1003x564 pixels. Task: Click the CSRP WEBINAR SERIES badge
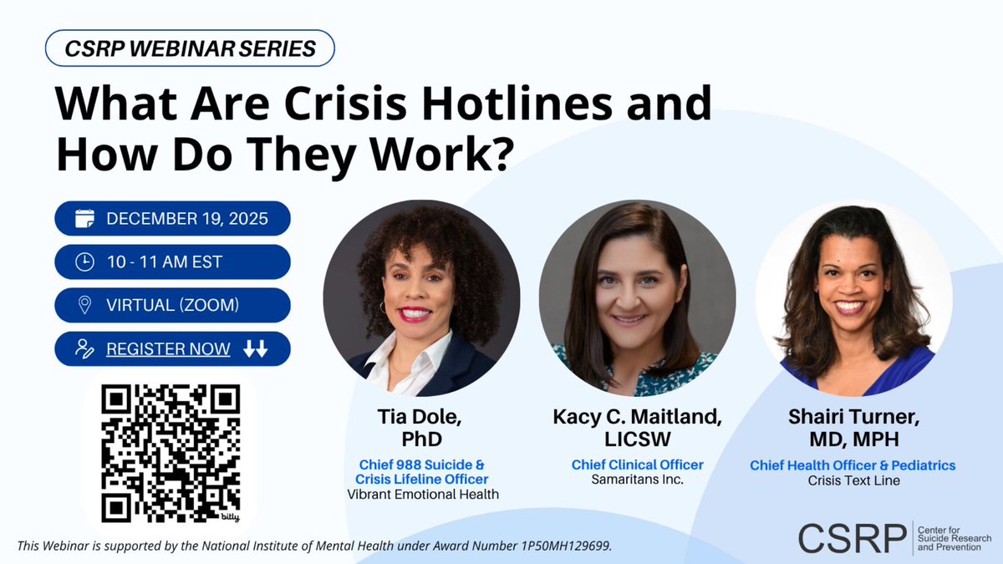[190, 48]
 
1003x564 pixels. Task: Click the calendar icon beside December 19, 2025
[84, 220]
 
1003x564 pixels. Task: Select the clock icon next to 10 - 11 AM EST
[84, 262]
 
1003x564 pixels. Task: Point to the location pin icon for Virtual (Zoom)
[84, 306]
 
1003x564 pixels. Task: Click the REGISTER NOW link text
[168, 349]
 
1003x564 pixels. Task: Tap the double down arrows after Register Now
[255, 349]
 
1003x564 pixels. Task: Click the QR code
[171, 452]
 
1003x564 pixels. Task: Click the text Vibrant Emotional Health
[422, 494]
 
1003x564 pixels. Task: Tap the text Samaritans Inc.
[637, 480]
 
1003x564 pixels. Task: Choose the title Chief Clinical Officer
[637, 465]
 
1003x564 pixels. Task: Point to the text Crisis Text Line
[853, 480]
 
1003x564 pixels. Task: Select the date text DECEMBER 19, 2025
[187, 220]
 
